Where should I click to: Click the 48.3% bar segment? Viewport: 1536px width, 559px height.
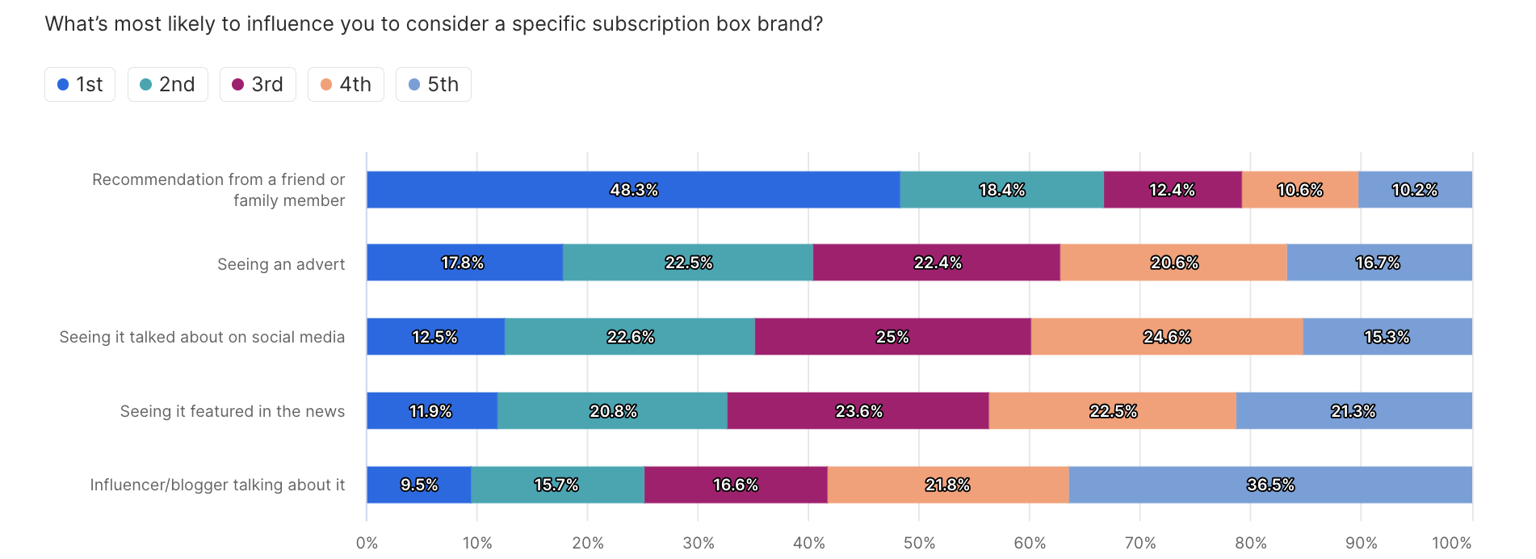[x=633, y=190]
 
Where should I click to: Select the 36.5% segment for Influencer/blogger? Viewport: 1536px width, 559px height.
[x=1270, y=485]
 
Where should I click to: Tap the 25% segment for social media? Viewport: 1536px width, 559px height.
[x=893, y=337]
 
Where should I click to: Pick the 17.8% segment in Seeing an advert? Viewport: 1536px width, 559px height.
[x=464, y=263]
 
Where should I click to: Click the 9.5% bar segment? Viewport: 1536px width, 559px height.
[x=419, y=485]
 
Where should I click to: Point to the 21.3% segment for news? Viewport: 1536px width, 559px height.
[x=1354, y=411]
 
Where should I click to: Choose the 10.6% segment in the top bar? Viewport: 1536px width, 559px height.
[x=1300, y=190]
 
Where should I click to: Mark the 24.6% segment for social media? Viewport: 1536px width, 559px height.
[x=1167, y=337]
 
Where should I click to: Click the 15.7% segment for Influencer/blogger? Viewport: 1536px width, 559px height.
[x=558, y=485]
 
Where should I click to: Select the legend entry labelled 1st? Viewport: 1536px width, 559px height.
[x=80, y=84]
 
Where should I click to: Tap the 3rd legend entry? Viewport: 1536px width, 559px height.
[x=258, y=84]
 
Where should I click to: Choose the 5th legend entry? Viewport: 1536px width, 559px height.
[x=434, y=84]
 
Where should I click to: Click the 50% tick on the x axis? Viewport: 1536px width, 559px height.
[x=919, y=543]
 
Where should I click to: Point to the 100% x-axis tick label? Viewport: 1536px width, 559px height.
[x=1452, y=543]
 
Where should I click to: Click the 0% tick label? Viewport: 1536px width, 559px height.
[x=367, y=543]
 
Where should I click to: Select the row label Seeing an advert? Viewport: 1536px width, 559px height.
[x=281, y=264]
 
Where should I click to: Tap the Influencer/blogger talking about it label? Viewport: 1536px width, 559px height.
[x=217, y=485]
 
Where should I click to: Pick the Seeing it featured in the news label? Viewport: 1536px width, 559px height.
[x=233, y=411]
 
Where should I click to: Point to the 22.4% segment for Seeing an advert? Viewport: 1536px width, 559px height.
[x=937, y=263]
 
